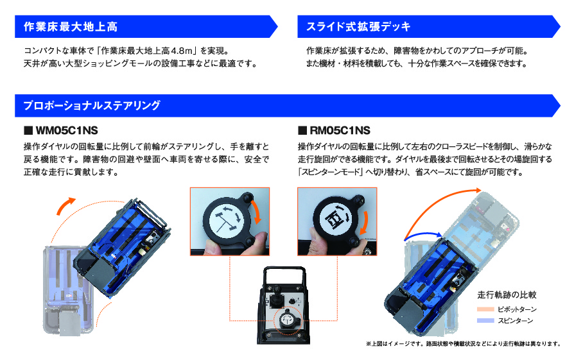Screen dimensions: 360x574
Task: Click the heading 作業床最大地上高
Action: click(70, 27)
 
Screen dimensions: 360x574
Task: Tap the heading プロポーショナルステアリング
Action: click(91, 105)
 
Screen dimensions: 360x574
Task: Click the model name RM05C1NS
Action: click(338, 130)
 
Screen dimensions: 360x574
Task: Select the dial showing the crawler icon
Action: click(334, 219)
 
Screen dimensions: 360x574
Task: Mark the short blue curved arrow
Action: click(421, 237)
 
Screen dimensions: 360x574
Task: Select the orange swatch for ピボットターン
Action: click(485, 309)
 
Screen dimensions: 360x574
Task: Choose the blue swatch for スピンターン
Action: click(485, 320)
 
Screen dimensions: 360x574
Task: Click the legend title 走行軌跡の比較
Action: click(507, 295)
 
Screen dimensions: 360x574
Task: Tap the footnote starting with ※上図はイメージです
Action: click(467, 343)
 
